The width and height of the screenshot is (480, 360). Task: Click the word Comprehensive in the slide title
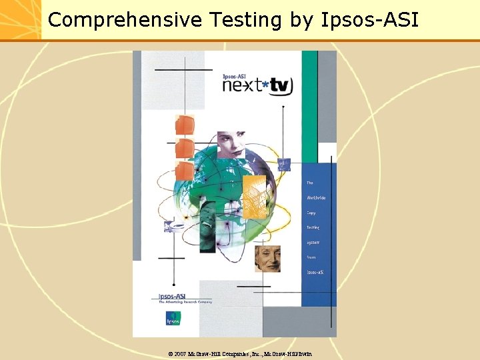point(124,20)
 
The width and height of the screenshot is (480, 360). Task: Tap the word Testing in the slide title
point(246,20)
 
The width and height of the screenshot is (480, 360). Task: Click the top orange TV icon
point(185,125)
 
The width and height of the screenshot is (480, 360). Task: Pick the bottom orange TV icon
point(185,171)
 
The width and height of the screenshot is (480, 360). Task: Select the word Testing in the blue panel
point(313,227)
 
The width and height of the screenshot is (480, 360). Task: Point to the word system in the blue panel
point(313,243)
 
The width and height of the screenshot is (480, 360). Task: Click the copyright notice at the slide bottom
point(239,353)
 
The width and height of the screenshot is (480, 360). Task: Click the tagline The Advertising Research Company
point(185,302)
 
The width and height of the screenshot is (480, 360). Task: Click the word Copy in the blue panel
point(311,213)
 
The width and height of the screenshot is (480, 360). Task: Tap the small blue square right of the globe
point(285,164)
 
